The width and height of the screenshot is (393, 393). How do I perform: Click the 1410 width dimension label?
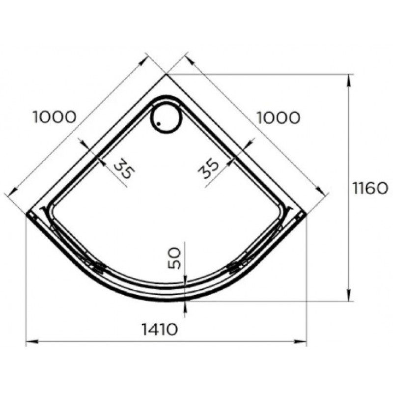pyautogui.click(x=160, y=329)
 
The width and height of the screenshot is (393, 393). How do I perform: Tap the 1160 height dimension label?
pyautogui.click(x=370, y=188)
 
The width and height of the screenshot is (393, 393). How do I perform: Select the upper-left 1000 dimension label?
pyautogui.click(x=55, y=117)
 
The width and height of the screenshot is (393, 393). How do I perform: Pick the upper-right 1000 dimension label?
pyautogui.click(x=279, y=118)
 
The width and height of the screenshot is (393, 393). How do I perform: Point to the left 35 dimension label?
pyautogui.click(x=124, y=168)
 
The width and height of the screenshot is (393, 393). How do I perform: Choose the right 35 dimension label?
pyautogui.click(x=208, y=168)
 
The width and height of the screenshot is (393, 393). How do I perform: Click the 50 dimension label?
pyautogui.click(x=174, y=258)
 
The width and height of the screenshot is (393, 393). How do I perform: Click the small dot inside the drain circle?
pyautogui.click(x=158, y=124)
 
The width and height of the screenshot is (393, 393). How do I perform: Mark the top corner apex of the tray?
pyautogui.click(x=166, y=75)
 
